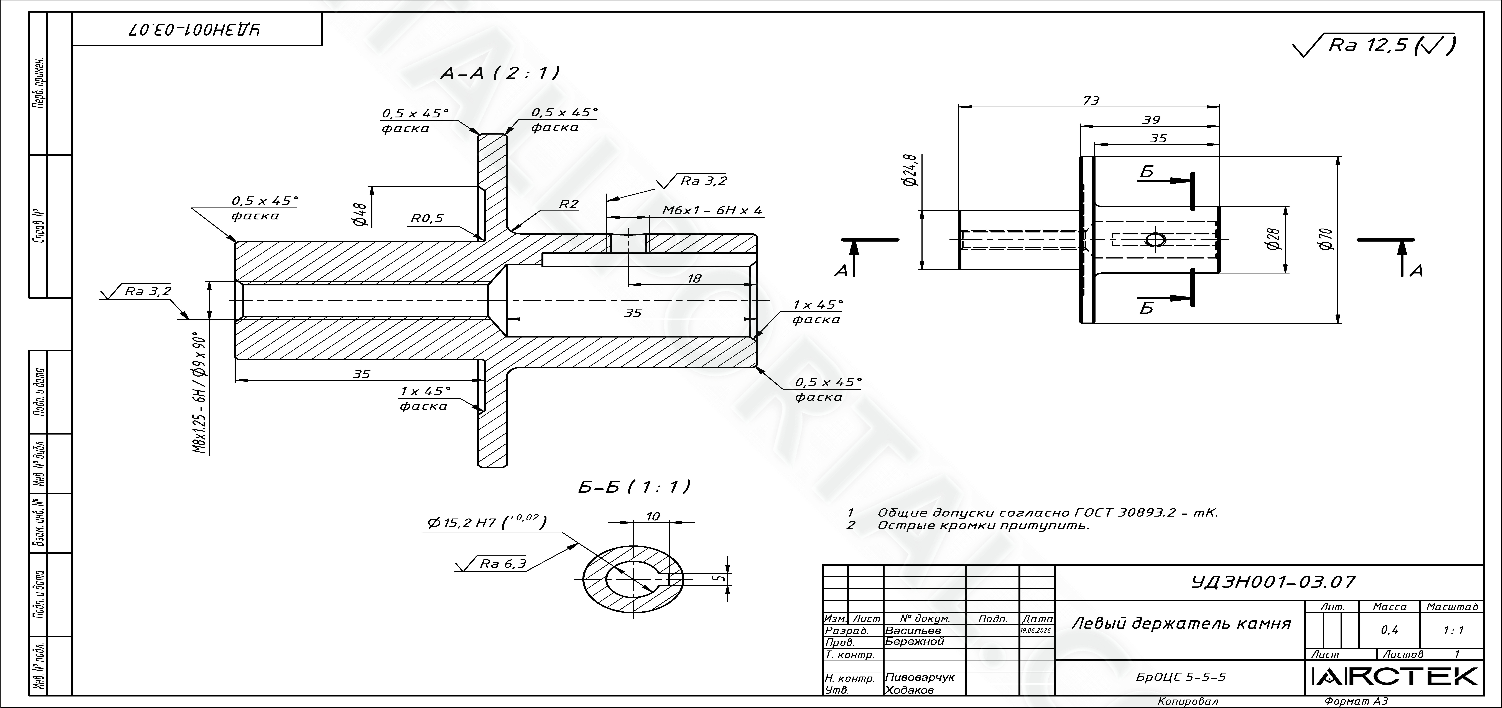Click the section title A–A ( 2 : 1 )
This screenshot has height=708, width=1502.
500,73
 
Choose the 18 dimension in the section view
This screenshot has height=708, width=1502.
694,279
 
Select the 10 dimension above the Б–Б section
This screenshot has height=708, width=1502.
653,516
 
